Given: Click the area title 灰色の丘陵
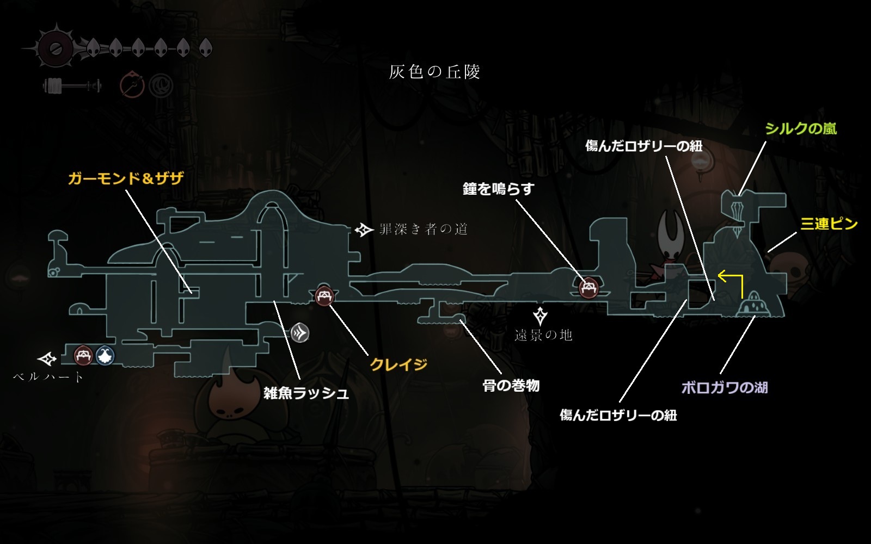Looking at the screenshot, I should pyautogui.click(x=434, y=72).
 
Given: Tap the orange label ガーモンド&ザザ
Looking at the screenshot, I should pyautogui.click(x=126, y=178).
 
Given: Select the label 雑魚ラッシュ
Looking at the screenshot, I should pyautogui.click(x=306, y=393).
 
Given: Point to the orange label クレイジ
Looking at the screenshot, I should pyautogui.click(x=398, y=364).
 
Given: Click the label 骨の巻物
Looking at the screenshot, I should pyautogui.click(x=511, y=386).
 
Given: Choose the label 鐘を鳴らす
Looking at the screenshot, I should pyautogui.click(x=498, y=189).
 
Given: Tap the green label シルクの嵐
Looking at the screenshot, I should pyautogui.click(x=800, y=128).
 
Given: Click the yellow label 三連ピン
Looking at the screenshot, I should pyautogui.click(x=829, y=224).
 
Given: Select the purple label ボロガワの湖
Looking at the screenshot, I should pyautogui.click(x=724, y=387).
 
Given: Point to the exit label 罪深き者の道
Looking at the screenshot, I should pyautogui.click(x=424, y=230).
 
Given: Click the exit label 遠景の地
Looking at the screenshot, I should pyautogui.click(x=543, y=335).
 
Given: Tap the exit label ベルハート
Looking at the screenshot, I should pyautogui.click(x=49, y=376).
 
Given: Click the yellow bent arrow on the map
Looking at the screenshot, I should pyautogui.click(x=732, y=283).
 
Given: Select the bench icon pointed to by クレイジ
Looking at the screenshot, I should pyautogui.click(x=324, y=296).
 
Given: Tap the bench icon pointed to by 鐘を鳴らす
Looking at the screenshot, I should pyautogui.click(x=588, y=288).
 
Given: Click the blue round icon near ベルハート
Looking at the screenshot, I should pyautogui.click(x=105, y=356).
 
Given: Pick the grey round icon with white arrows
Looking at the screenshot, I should pyautogui.click(x=300, y=333).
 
